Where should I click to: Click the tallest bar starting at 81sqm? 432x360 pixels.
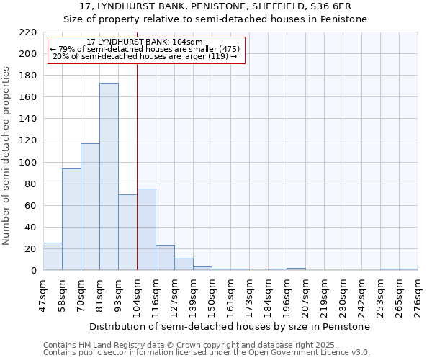click(x=109, y=176)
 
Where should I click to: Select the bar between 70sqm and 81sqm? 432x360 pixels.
click(x=90, y=207)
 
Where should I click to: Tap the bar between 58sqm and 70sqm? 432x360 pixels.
click(x=71, y=220)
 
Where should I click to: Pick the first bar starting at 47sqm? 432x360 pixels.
click(x=53, y=257)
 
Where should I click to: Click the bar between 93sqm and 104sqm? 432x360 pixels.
click(x=127, y=233)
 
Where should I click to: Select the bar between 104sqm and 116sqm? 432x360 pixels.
click(x=146, y=230)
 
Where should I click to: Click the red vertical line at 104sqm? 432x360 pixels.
click(x=137, y=166)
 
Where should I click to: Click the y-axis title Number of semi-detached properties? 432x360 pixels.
click(x=7, y=156)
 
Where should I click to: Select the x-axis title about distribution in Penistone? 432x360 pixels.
click(x=230, y=326)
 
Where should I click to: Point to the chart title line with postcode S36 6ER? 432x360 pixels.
click(x=216, y=6)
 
